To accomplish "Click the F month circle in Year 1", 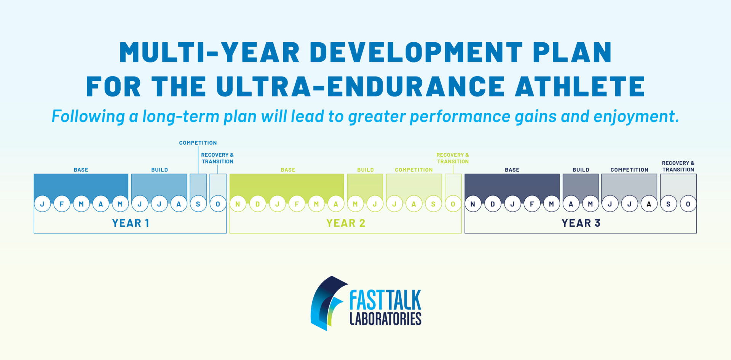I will click(x=62, y=204).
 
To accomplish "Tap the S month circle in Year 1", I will click(x=198, y=204).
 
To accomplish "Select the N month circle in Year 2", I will click(x=238, y=204).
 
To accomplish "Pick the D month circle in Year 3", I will click(x=492, y=204).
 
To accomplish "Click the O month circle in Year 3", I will click(x=688, y=204).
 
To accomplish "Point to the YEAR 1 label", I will click(x=130, y=223).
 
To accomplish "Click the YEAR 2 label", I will click(x=346, y=223).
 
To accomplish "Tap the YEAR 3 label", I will click(x=581, y=223).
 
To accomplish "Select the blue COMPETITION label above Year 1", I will click(x=198, y=143).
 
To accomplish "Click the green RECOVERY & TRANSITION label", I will click(x=453, y=158).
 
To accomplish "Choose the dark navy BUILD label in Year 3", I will click(x=581, y=170).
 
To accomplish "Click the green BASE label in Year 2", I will click(x=288, y=170).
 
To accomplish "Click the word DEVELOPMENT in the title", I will click(x=417, y=52).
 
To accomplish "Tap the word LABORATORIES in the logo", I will click(x=385, y=318).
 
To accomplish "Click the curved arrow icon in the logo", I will click(x=327, y=303).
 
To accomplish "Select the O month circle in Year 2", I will click(x=453, y=204).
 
